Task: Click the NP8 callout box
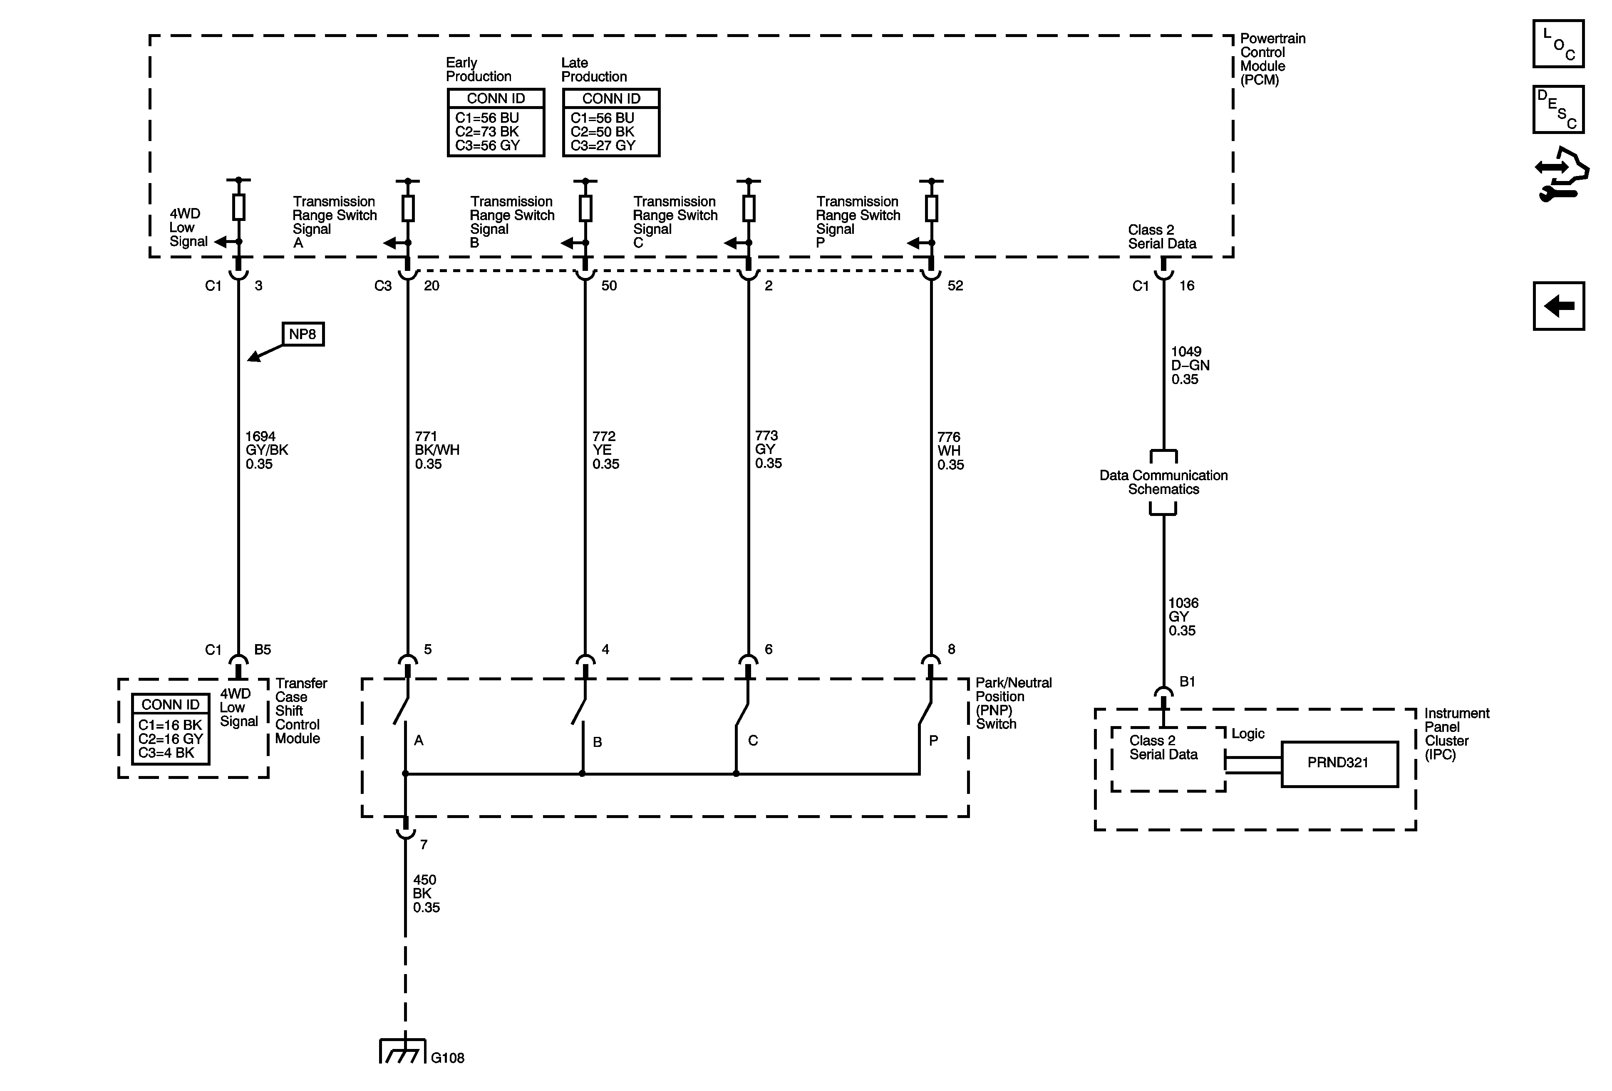[x=303, y=334]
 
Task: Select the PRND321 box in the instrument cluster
[x=1339, y=764]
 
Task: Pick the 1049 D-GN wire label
[x=1190, y=365]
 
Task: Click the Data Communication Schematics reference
[x=1163, y=482]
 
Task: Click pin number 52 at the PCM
[x=955, y=286]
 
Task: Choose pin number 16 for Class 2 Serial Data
[x=1187, y=286]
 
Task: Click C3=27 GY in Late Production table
[x=603, y=146]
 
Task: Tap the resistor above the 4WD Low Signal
[x=238, y=207]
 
